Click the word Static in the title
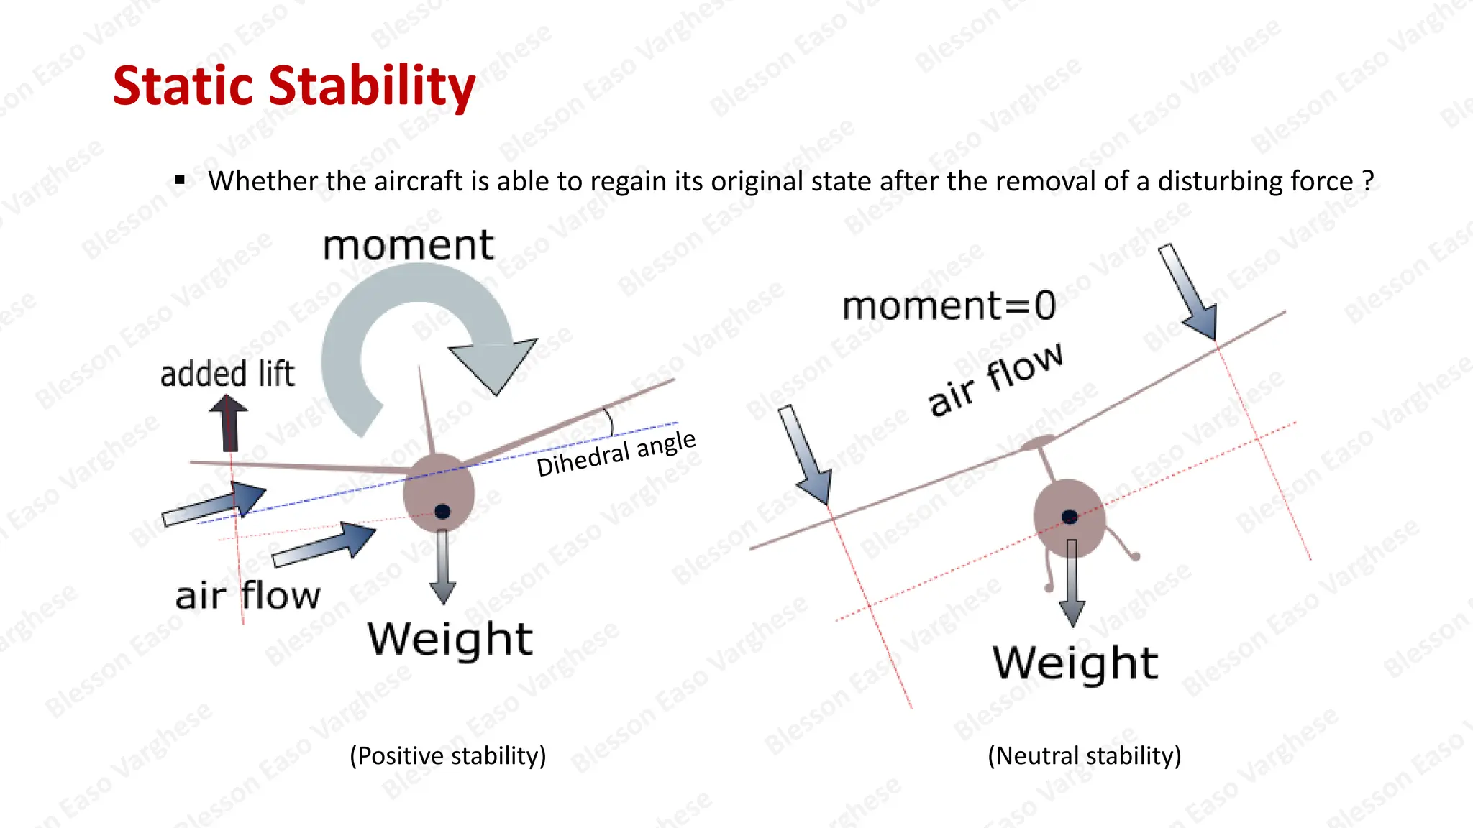tap(184, 86)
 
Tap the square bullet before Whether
tap(180, 180)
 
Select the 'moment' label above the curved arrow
tap(408, 245)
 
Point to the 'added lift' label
tap(227, 374)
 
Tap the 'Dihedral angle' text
tap(616, 454)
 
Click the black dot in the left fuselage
tap(442, 511)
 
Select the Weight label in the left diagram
tap(450, 638)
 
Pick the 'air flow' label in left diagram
tap(247, 596)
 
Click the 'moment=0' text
tap(949, 306)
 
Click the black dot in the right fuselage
tap(1070, 517)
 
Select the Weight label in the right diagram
tap(1075, 663)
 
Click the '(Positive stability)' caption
tap(448, 756)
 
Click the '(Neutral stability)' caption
tap(1085, 756)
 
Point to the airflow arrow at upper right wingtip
tap(1189, 292)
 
